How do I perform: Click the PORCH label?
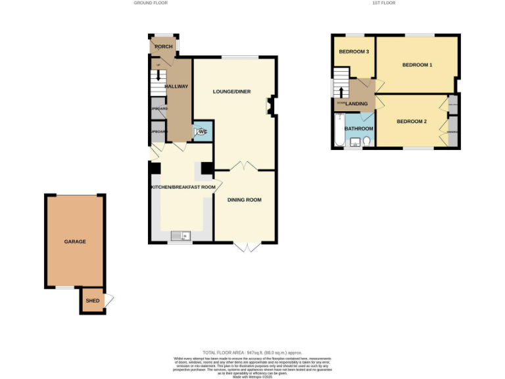pos(163,47)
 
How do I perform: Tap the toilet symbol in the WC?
pos(201,132)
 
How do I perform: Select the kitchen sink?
pos(180,235)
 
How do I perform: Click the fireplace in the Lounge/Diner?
pos(270,105)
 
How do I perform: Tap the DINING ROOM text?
pos(244,199)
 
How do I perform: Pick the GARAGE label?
pos(74,241)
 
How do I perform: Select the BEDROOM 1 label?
pos(417,64)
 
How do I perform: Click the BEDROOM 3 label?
pos(353,51)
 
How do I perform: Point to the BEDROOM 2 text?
pos(412,122)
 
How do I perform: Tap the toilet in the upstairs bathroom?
pos(367,141)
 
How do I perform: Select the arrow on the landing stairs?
pos(342,91)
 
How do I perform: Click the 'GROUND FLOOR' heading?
pos(151,3)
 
